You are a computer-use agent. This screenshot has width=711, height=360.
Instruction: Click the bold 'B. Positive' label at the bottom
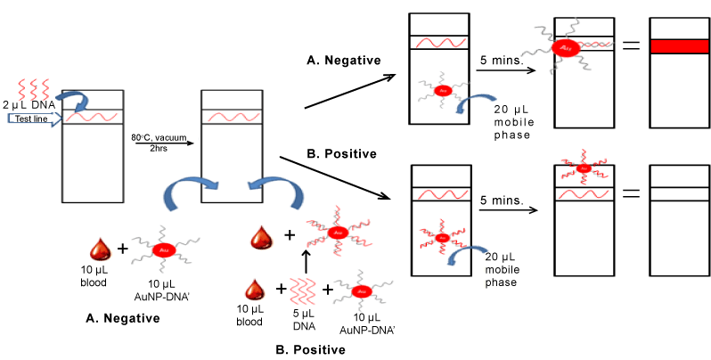tap(308, 348)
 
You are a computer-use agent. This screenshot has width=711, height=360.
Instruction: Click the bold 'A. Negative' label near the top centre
tap(342, 61)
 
